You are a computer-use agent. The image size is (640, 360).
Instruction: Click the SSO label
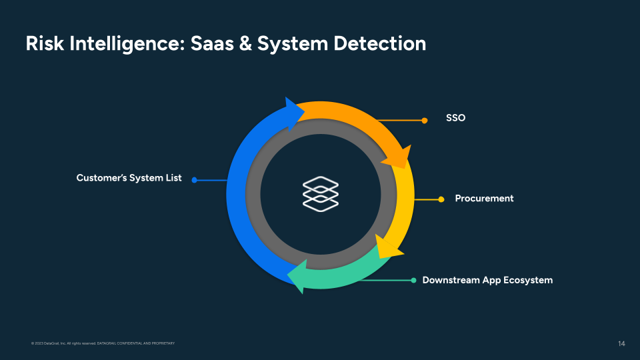(455, 118)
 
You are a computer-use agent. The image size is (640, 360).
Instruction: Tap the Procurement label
(484, 199)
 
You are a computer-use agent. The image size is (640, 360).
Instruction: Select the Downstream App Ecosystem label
(487, 280)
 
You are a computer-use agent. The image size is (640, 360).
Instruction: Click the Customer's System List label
(129, 179)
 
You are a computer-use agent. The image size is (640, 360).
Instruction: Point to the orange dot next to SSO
(425, 121)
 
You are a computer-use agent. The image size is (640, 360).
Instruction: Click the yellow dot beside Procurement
(441, 199)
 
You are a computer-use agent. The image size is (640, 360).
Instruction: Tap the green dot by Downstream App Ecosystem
(413, 280)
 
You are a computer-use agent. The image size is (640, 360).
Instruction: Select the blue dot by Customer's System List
(195, 180)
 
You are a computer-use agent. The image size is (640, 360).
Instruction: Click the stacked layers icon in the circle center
(320, 192)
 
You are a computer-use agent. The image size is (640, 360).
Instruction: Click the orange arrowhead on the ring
(398, 157)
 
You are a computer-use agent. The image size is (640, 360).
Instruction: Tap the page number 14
(621, 343)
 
